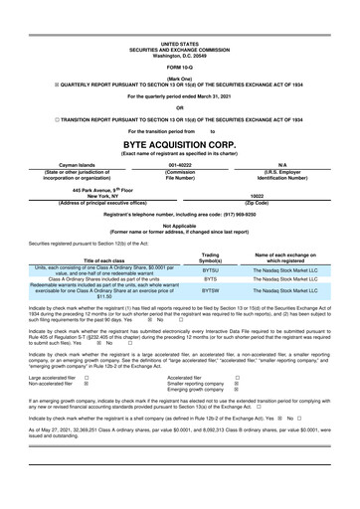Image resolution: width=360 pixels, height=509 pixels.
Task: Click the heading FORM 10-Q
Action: tap(179, 66)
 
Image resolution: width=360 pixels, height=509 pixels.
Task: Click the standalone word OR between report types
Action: tap(179, 108)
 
